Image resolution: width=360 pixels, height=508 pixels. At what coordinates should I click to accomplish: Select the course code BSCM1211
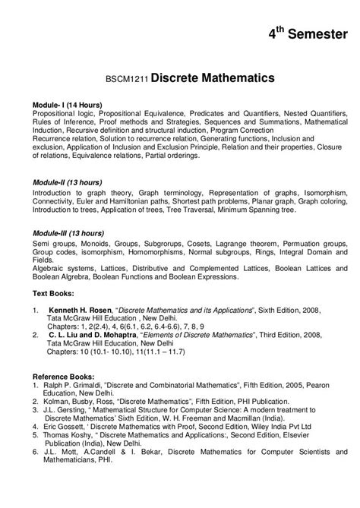[127, 79]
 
